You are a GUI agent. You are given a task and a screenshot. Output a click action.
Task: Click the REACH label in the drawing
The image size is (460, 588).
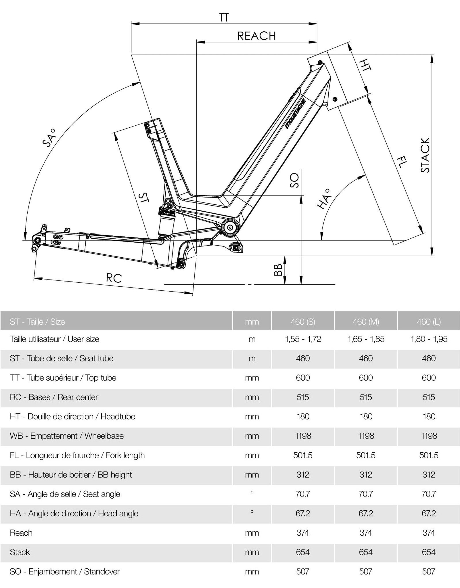(256, 36)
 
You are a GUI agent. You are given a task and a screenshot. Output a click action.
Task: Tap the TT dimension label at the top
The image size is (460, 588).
(224, 18)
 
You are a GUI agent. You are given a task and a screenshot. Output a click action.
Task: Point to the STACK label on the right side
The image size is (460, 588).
(425, 155)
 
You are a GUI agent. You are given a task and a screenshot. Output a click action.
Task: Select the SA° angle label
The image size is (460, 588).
(49, 138)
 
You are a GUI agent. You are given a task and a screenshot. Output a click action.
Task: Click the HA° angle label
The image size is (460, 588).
(324, 199)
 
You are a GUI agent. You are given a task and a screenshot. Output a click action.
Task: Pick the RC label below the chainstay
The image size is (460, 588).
(114, 278)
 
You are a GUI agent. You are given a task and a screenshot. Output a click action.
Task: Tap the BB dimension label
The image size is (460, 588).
(278, 270)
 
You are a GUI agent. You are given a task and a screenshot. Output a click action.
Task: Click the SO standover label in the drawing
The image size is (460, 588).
(294, 180)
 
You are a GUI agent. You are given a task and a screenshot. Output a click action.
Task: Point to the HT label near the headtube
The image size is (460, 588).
(365, 65)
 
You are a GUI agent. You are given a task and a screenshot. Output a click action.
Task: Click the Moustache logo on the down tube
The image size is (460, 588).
(296, 114)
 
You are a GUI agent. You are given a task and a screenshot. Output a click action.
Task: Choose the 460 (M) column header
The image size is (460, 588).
(366, 321)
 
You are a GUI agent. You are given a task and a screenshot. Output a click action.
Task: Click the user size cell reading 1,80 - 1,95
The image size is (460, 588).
(429, 339)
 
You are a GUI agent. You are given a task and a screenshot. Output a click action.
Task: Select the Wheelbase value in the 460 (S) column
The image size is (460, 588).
(303, 436)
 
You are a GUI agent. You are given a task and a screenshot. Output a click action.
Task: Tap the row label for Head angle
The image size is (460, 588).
(74, 514)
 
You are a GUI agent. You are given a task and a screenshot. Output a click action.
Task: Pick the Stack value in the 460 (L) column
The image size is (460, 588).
(429, 552)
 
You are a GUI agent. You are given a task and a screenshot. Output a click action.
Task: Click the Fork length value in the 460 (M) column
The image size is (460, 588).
(366, 455)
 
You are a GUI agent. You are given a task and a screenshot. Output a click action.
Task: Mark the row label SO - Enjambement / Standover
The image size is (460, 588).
(65, 572)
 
